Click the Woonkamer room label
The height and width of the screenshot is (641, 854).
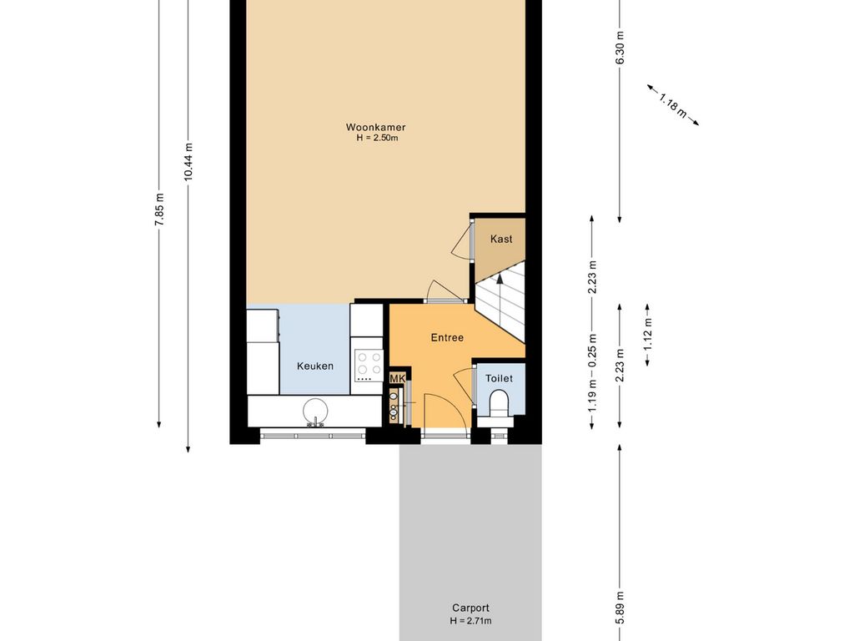pyautogui.click(x=376, y=128)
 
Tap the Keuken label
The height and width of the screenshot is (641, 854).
pyautogui.click(x=315, y=366)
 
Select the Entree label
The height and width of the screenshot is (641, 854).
pyautogui.click(x=447, y=338)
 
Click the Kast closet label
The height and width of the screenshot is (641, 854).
pyautogui.click(x=501, y=239)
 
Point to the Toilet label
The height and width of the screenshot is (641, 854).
pyautogui.click(x=499, y=378)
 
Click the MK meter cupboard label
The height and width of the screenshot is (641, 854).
pyautogui.click(x=398, y=379)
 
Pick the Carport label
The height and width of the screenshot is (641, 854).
pyautogui.click(x=470, y=608)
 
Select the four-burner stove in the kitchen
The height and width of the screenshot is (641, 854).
pyautogui.click(x=369, y=364)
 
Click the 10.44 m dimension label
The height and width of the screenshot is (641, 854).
pyautogui.click(x=188, y=161)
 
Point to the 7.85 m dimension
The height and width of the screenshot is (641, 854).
pyautogui.click(x=158, y=209)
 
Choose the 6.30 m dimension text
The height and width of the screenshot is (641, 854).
pyautogui.click(x=620, y=48)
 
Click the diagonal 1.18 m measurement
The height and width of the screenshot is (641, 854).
pyautogui.click(x=673, y=105)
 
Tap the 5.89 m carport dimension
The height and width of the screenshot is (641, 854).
pyautogui.click(x=620, y=608)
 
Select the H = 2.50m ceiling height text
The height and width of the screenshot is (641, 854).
pyautogui.click(x=378, y=139)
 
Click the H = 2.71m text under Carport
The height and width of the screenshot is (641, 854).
pyautogui.click(x=471, y=621)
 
